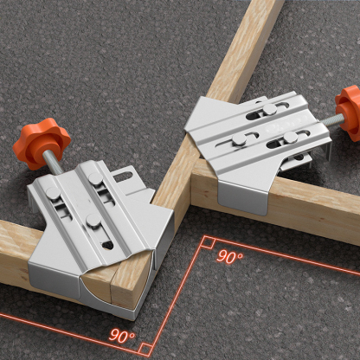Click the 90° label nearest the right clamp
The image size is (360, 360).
click(229, 257)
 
